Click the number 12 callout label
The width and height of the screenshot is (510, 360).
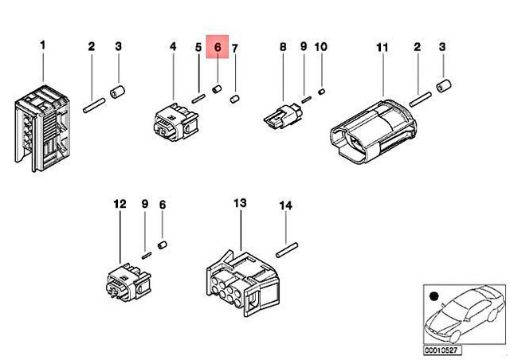119,205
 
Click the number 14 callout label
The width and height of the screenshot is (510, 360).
285,205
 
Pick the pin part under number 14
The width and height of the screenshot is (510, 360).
286,250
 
